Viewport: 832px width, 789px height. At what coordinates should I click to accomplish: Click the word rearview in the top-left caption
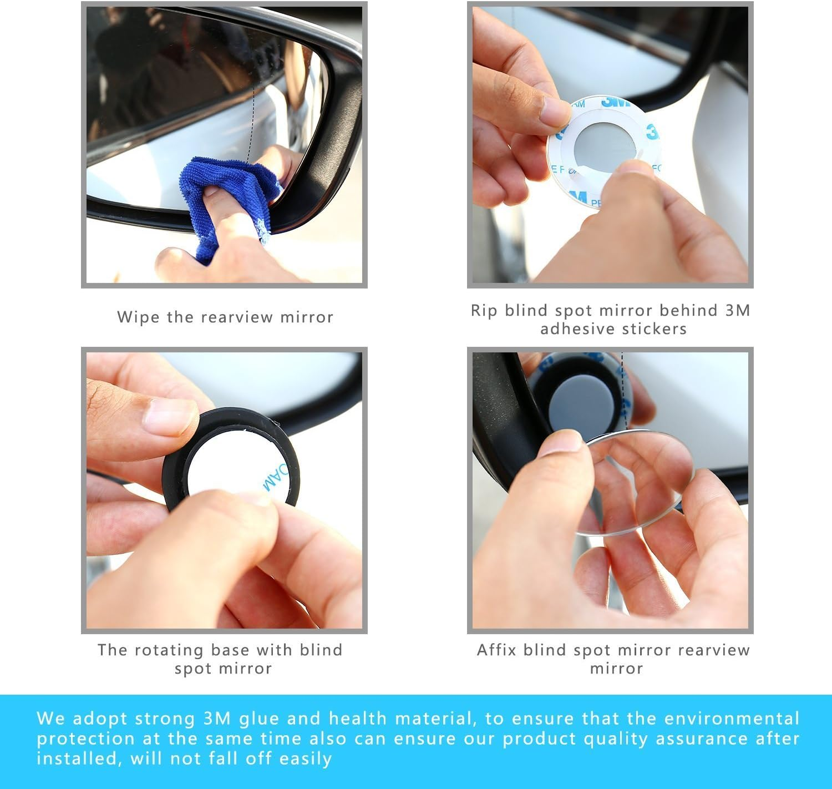[x=237, y=317]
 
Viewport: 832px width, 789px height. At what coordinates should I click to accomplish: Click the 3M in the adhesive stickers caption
[x=738, y=310]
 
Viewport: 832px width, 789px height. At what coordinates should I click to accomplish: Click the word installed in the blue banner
[x=77, y=758]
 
